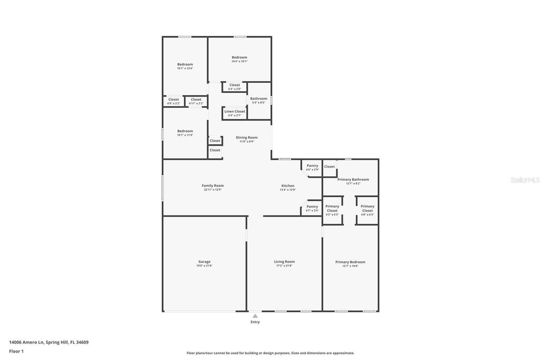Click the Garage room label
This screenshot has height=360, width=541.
tap(204, 262)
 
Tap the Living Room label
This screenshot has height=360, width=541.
tap(284, 262)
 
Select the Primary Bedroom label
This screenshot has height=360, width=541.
tap(350, 262)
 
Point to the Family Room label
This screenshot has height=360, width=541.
tap(212, 186)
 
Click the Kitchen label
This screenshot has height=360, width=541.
tap(287, 186)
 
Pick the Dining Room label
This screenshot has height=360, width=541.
tap(247, 138)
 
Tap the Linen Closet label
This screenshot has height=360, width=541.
tap(235, 111)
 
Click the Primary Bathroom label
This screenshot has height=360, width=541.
tap(353, 179)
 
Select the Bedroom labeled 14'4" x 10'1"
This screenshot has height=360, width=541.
tap(239, 58)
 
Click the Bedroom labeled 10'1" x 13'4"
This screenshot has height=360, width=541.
tap(185, 64)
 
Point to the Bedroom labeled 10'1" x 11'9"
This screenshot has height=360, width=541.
tap(185, 131)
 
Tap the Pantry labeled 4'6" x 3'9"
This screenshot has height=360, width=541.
tap(312, 166)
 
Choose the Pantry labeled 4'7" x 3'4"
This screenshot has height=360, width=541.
tap(312, 206)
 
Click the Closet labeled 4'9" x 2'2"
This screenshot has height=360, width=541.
tap(173, 99)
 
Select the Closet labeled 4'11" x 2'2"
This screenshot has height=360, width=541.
tap(196, 99)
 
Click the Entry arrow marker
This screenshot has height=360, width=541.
tap(255, 316)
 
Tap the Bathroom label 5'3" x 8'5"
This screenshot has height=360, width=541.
tap(259, 99)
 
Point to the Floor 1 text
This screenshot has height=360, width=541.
tap(16, 350)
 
